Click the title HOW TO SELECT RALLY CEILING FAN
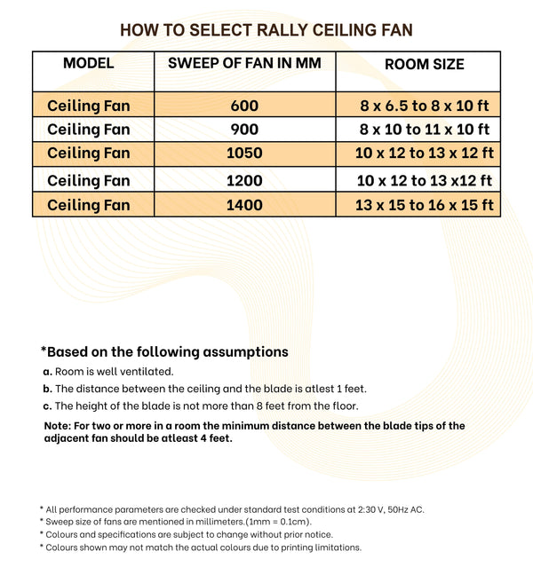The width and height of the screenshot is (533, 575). (266, 31)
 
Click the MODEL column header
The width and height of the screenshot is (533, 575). (89, 64)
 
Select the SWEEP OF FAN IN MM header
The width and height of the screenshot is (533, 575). (244, 64)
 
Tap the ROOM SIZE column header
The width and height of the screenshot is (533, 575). (424, 65)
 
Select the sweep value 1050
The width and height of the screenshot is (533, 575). (244, 154)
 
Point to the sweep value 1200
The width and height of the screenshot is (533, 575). (244, 181)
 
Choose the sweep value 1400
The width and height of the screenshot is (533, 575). (244, 205)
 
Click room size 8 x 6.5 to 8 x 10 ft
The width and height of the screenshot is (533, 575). (425, 106)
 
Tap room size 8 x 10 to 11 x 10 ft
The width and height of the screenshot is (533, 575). (425, 130)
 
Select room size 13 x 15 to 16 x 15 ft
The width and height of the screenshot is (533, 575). (425, 206)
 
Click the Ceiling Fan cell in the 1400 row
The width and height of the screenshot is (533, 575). (89, 205)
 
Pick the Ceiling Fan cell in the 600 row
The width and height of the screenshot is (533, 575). (89, 106)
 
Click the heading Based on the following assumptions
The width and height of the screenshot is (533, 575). (164, 351)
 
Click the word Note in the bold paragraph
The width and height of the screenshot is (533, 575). (60, 426)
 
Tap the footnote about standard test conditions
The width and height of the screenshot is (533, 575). (232, 508)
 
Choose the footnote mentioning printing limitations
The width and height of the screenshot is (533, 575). (200, 547)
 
